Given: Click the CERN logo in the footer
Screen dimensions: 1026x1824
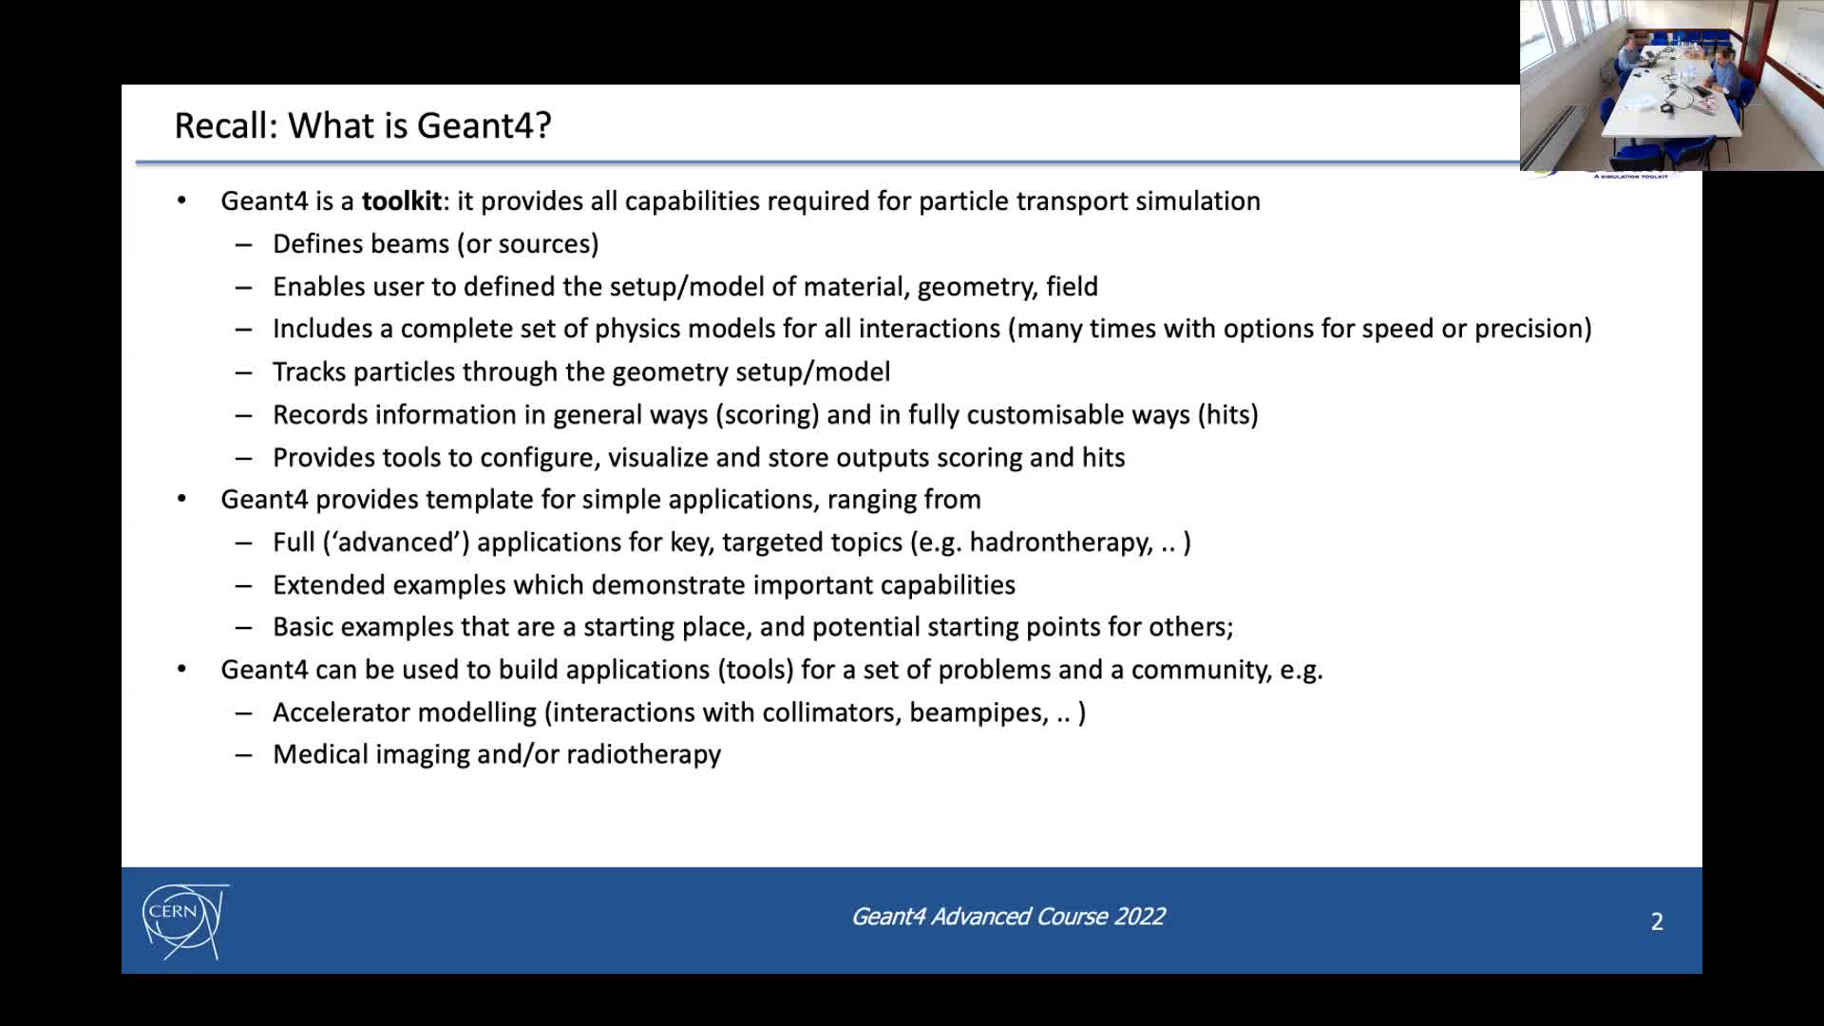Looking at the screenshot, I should click(x=184, y=921).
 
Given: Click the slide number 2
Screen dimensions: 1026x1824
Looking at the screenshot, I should click(x=1657, y=921).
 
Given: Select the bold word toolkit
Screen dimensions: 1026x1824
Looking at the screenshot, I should click(x=402, y=201).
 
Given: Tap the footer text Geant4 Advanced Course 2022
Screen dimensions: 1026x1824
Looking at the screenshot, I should click(x=1007, y=917).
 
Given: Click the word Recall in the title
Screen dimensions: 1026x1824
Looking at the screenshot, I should click(x=225, y=125).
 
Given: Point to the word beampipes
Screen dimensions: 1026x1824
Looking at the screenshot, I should click(x=978, y=712).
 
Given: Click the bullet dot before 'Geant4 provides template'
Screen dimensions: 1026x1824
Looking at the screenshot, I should click(x=181, y=499).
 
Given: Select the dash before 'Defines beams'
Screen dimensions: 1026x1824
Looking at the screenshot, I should click(x=244, y=244).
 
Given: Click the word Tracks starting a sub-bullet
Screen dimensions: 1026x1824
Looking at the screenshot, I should click(x=309, y=372).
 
